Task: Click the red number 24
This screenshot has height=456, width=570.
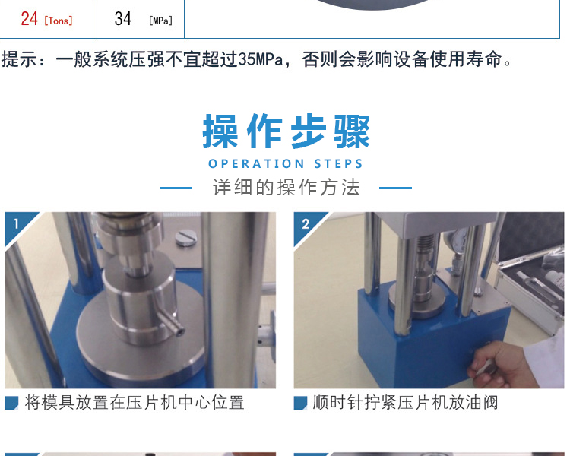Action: click(29, 18)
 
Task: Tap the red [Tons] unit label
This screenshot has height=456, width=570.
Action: click(59, 21)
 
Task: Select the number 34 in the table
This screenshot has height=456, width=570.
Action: click(122, 18)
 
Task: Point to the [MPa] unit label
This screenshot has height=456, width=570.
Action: click(160, 21)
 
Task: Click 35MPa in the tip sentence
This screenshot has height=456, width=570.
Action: click(260, 59)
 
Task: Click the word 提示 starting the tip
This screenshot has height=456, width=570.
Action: click(19, 59)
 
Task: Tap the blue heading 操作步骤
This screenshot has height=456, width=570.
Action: click(286, 131)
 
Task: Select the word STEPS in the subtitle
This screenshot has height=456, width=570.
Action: click(338, 163)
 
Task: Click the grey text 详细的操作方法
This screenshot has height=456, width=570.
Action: click(286, 188)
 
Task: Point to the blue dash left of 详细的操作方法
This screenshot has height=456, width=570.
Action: click(176, 188)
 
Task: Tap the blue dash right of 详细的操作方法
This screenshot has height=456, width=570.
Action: click(395, 188)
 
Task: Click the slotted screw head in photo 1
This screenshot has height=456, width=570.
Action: click(185, 238)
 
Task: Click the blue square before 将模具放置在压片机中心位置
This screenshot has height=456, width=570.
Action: click(11, 403)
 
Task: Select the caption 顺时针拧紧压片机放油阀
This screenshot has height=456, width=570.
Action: click(405, 403)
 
